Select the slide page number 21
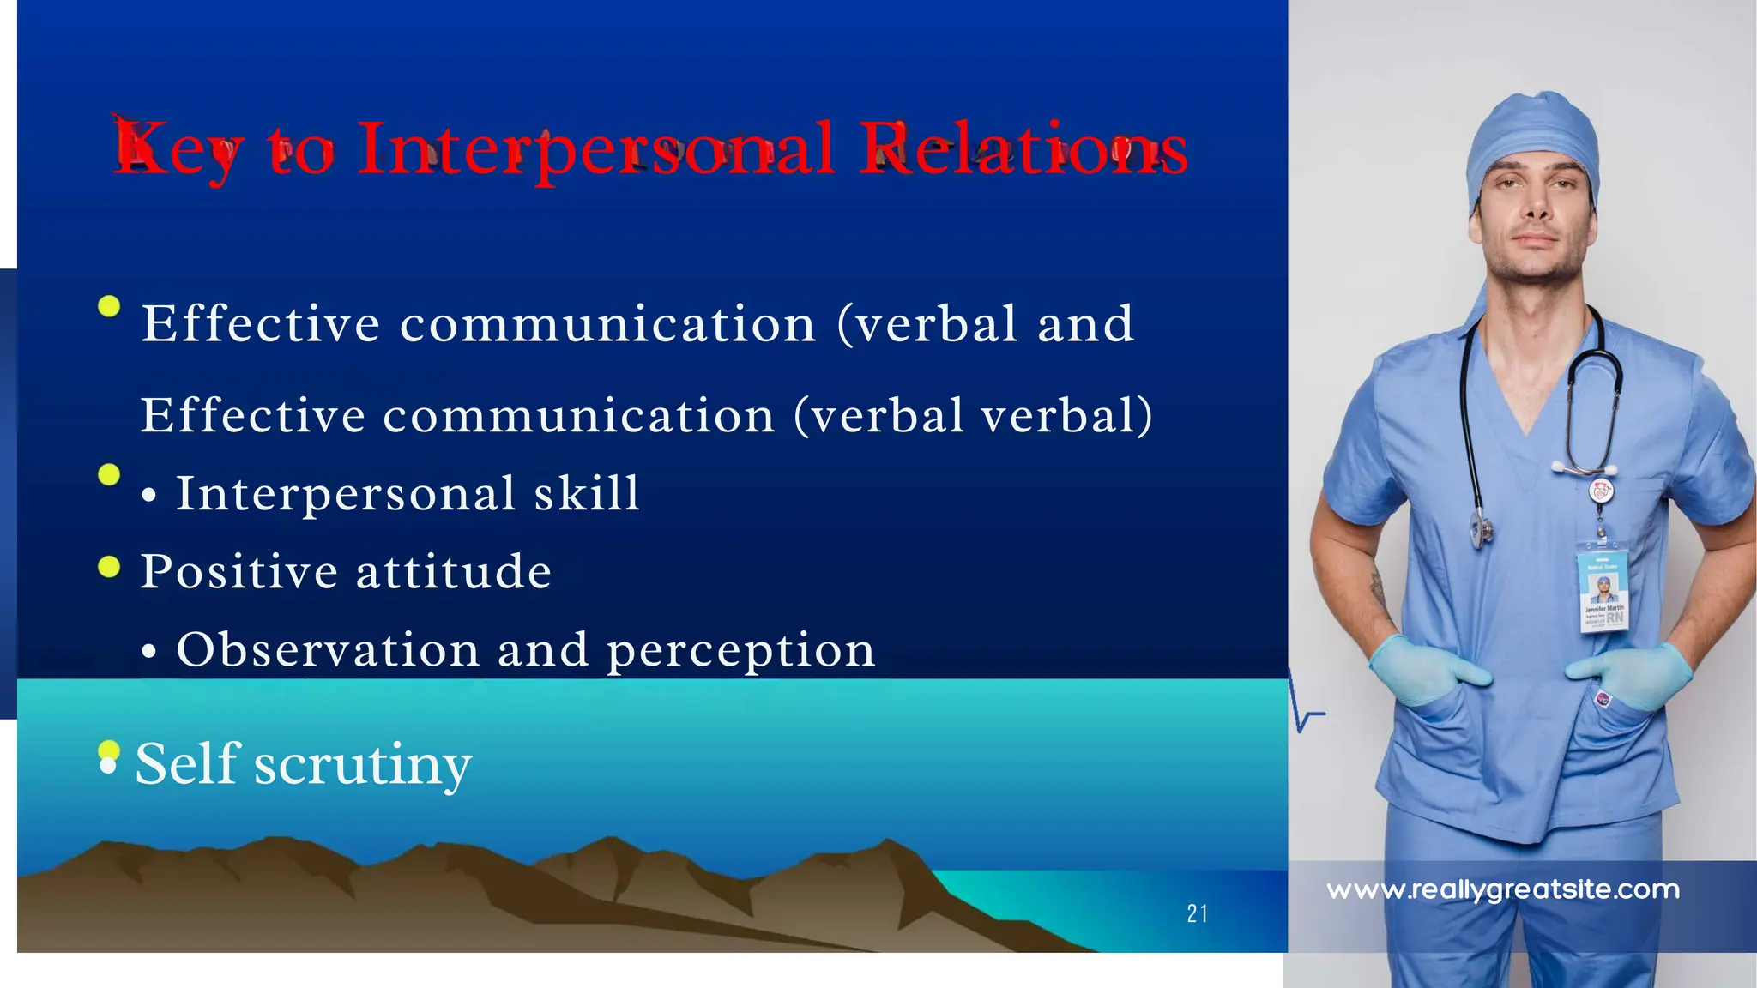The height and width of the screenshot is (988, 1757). click(1198, 914)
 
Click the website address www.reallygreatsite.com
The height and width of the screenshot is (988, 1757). click(1503, 889)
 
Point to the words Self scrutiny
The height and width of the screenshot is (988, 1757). click(304, 764)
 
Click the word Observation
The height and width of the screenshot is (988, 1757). click(328, 649)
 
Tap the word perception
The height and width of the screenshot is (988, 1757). click(741, 651)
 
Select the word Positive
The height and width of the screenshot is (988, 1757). click(239, 571)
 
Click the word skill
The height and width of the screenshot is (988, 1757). click(588, 493)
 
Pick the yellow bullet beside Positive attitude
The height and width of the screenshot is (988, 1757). click(109, 567)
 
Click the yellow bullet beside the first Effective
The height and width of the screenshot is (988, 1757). click(109, 306)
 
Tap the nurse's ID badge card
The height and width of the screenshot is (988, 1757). click(1603, 593)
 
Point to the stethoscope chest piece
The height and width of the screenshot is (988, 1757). click(1481, 530)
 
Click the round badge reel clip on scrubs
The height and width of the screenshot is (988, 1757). click(1601, 491)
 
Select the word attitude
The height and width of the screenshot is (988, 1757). click(454, 571)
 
